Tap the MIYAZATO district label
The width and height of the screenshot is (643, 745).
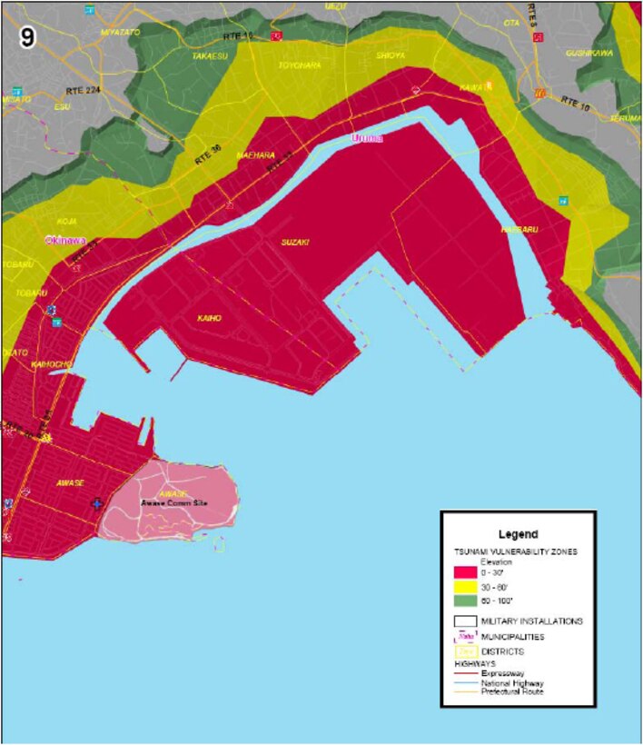coord(120,32)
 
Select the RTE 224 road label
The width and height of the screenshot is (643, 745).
coord(83,90)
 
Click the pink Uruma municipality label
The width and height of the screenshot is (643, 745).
coord(367,138)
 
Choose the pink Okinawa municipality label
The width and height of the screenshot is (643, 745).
coord(65,240)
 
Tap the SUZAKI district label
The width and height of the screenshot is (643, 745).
coord(295,243)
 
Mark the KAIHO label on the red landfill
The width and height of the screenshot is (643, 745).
coord(210,319)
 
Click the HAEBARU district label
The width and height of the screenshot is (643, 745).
coord(519,231)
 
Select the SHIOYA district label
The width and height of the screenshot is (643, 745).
coord(391,55)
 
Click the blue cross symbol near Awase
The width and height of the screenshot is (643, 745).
coord(97,504)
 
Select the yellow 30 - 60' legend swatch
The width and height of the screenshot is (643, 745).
coord(466,587)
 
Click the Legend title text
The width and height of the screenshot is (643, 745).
coord(518,534)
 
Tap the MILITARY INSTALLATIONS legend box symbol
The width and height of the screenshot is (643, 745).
coord(466,621)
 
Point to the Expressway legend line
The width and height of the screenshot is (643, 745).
coord(466,674)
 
